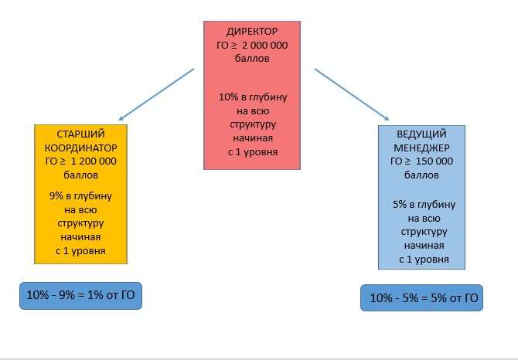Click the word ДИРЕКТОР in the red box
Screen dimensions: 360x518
(252, 32)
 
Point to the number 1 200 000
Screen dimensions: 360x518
(93, 161)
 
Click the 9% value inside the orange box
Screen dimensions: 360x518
(56, 195)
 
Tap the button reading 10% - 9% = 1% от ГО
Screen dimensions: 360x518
(81, 295)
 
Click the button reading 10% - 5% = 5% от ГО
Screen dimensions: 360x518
(421, 298)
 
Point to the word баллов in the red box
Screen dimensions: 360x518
(253, 59)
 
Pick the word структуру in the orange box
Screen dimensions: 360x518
(81, 223)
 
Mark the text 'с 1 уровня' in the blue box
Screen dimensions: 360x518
(424, 259)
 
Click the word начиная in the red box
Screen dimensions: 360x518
(253, 138)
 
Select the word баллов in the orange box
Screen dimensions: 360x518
(81, 175)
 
